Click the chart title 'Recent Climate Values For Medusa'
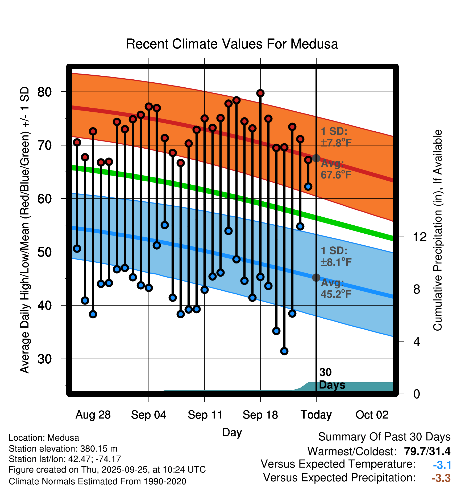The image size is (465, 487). click(x=232, y=44)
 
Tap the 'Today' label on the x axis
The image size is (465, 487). click(x=316, y=415)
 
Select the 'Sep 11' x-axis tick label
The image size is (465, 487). click(x=205, y=415)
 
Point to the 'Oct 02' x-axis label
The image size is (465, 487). click(x=372, y=415)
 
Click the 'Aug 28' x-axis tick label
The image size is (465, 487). click(x=93, y=415)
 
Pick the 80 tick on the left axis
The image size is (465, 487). click(x=44, y=92)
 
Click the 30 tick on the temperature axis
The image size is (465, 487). click(x=44, y=359)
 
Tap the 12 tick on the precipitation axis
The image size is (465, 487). click(x=420, y=237)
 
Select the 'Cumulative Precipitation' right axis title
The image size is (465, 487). click(x=437, y=230)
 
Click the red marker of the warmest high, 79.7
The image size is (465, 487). click(x=260, y=93)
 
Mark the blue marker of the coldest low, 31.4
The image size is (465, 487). click(x=284, y=351)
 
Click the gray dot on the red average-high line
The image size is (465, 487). click(x=316, y=158)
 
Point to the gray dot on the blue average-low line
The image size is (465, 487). click(x=316, y=278)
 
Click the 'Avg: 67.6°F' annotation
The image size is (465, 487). click(x=336, y=169)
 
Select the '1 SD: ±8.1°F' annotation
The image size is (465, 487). click(x=336, y=257)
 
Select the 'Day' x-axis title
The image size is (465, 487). click(x=232, y=432)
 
